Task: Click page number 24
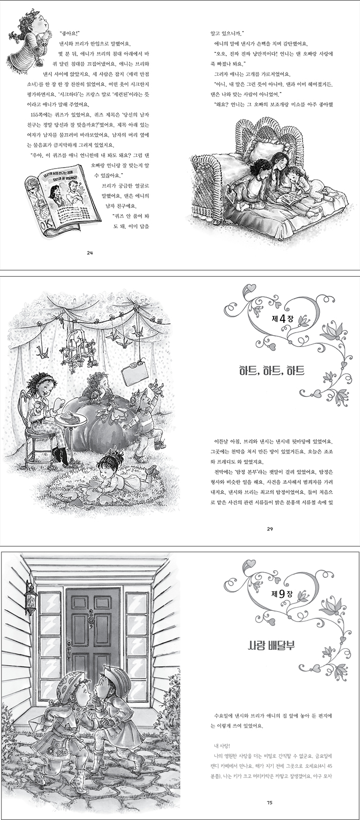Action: [x=90, y=252]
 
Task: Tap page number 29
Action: [x=270, y=529]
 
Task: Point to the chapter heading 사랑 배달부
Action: [x=271, y=645]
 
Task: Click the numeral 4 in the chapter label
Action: [x=282, y=318]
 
